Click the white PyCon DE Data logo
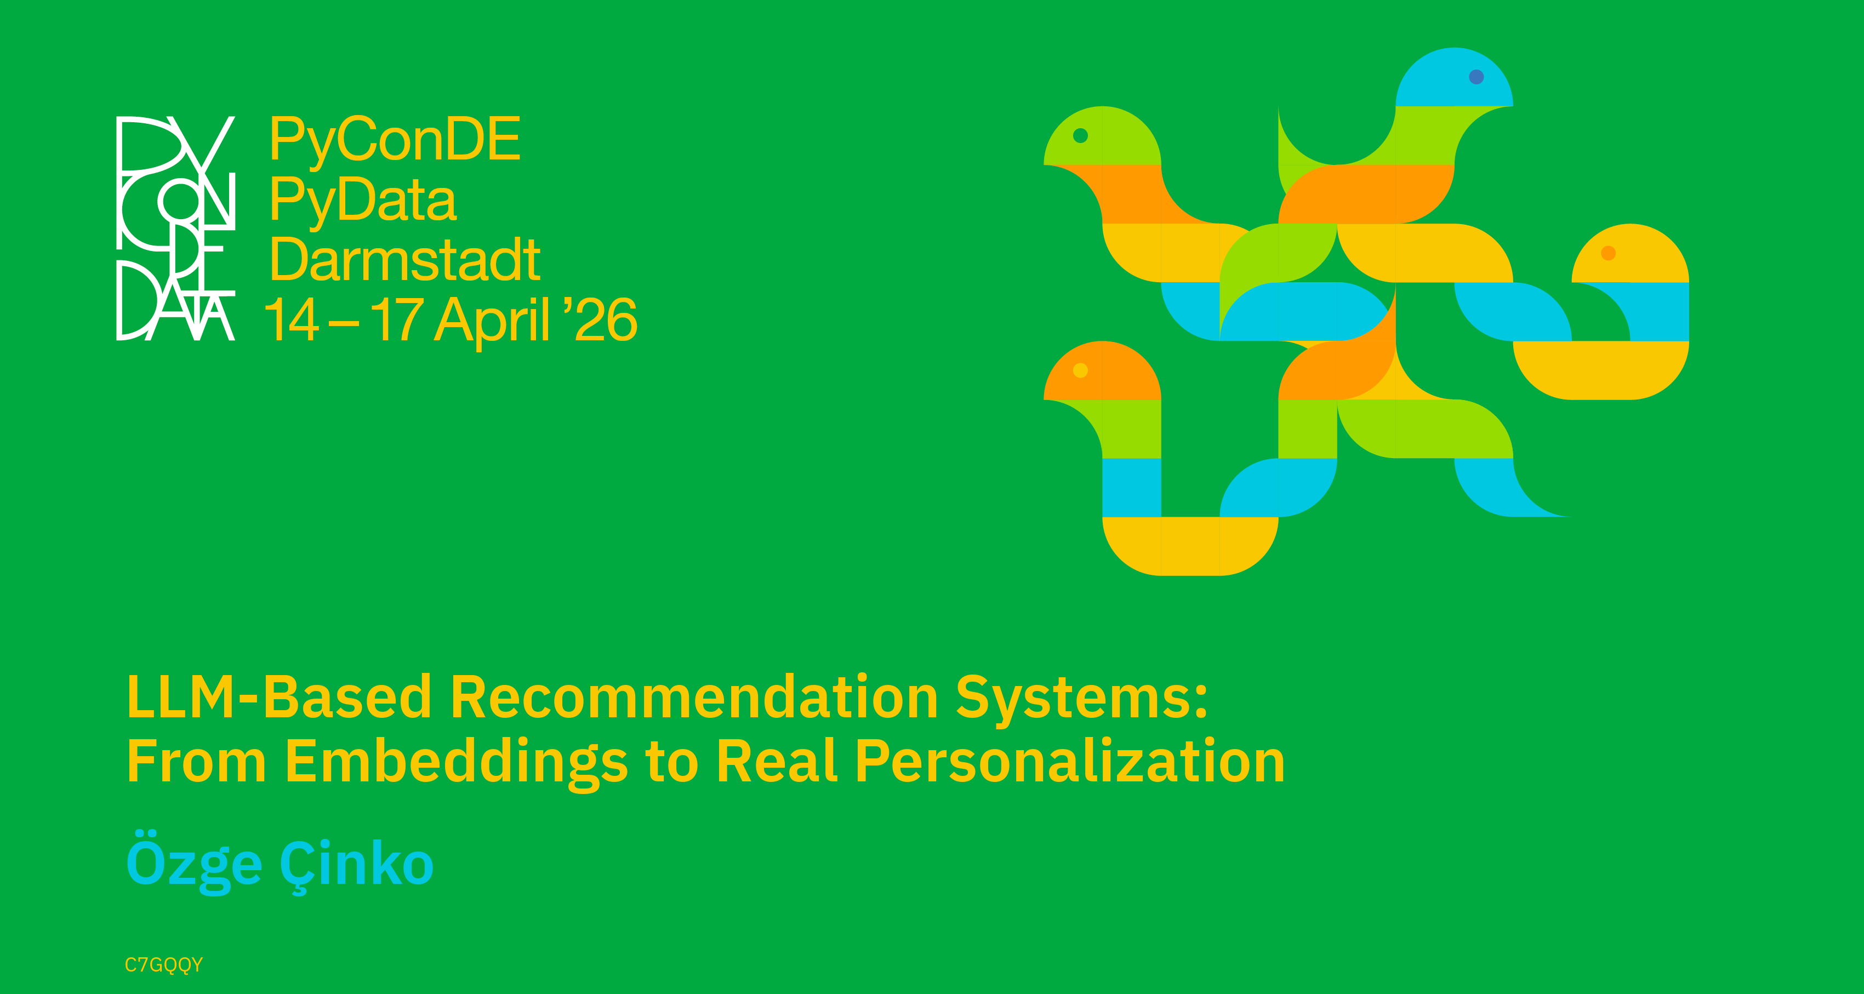176,228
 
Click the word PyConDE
395,140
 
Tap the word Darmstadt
405,259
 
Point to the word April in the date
493,320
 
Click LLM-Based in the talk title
280,696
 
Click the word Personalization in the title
1070,761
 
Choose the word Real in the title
777,761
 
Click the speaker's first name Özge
194,861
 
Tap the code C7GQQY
163,965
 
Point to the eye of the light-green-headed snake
1080,135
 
